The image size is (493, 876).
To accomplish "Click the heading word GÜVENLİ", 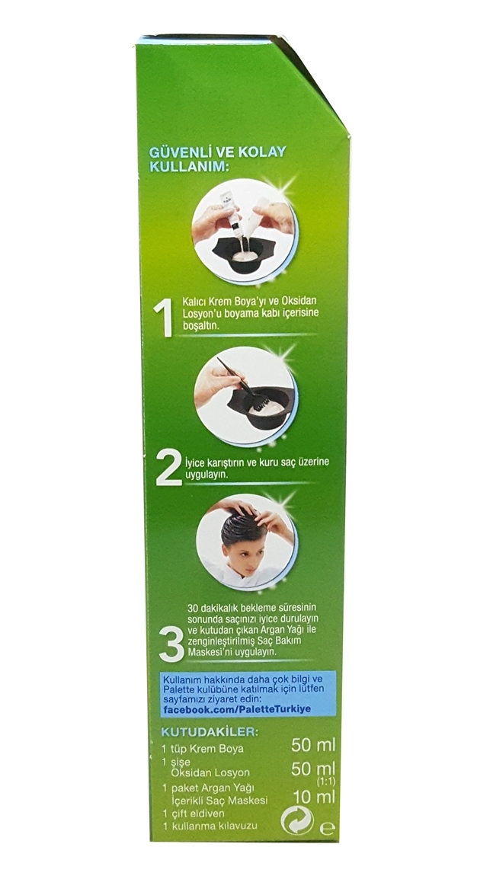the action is click(x=173, y=152).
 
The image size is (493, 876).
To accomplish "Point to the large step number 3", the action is click(x=171, y=644).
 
